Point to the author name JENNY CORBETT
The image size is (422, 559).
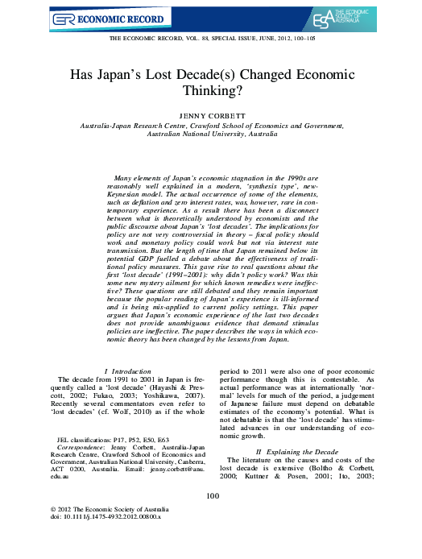(211, 116)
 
